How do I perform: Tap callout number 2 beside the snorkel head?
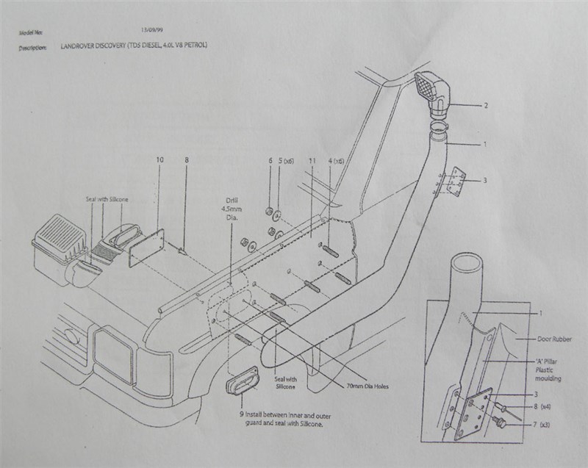(486, 106)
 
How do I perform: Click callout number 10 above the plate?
(159, 159)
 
